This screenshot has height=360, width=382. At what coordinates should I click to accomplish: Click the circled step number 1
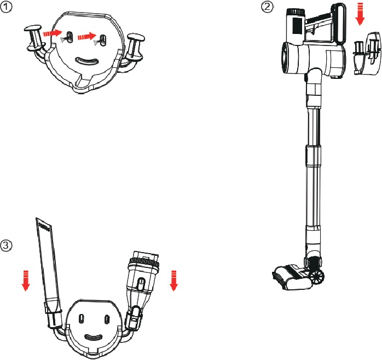(x=7, y=7)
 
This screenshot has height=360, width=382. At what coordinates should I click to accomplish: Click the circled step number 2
(x=267, y=7)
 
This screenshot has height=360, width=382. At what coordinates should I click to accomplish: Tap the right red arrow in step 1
(x=84, y=37)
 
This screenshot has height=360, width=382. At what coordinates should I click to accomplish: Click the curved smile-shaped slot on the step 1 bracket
(x=89, y=60)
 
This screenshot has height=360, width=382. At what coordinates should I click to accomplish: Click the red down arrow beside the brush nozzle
(x=174, y=280)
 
